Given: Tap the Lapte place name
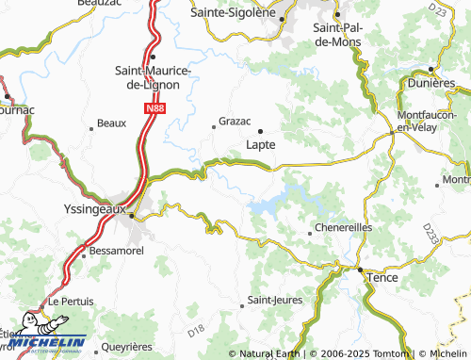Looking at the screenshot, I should pyautogui.click(x=260, y=145).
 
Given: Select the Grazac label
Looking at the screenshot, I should pyautogui.click(x=235, y=122).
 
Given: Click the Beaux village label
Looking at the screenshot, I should pyautogui.click(x=111, y=123).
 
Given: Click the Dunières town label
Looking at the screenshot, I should pyautogui.click(x=433, y=83).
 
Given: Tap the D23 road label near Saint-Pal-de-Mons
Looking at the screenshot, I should pyautogui.click(x=436, y=8).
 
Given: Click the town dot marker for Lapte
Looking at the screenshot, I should pyautogui.click(x=260, y=130).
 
